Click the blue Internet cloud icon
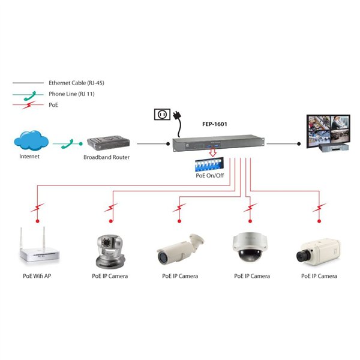pyautogui.click(x=31, y=142)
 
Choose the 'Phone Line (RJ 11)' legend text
pyautogui.click(x=71, y=94)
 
